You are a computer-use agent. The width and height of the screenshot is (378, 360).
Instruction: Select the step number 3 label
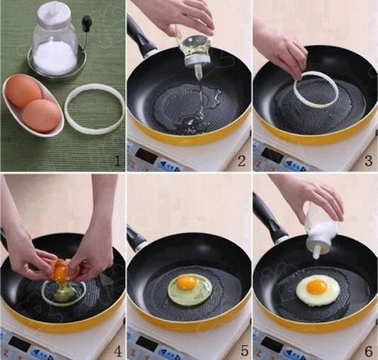tap(368, 161)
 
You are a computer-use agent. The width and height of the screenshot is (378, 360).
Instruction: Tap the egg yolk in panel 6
tap(314, 287)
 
